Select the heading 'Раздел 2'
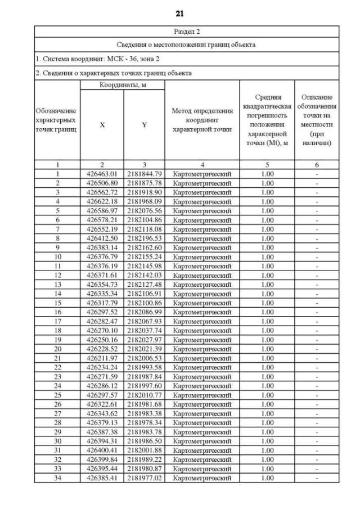pos(186,31)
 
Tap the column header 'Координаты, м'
pos(123,84)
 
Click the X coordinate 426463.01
pos(102,174)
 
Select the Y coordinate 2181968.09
pos(144,201)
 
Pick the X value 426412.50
pos(102,238)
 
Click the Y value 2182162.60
pos(144,247)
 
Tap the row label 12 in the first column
pos(57,275)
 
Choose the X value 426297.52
pos(102,312)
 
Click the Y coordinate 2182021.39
pos(144,349)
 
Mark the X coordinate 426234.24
pos(102,367)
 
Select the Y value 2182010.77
pos(144,395)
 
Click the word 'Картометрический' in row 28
pos(202,422)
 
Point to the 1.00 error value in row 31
pos(268,451)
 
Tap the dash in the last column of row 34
pos(317,478)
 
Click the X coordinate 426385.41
pos(102,478)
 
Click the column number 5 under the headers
pos(268,165)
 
